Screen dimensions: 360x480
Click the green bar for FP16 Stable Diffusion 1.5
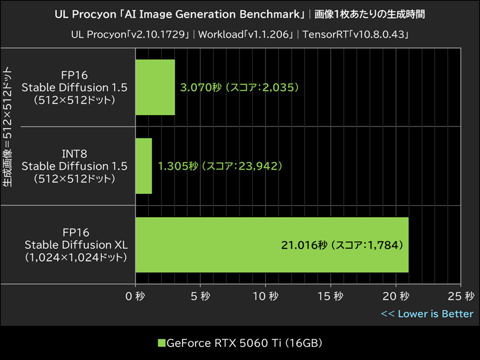[155, 87]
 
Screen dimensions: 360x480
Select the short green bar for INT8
[143, 166]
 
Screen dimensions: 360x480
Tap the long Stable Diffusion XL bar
[272, 245]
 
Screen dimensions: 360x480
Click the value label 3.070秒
[197, 87]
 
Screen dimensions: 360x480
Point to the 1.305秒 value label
[175, 166]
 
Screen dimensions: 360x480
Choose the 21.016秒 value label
[303, 245]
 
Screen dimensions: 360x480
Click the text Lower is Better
[435, 314]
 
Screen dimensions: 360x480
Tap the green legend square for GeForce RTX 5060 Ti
[161, 343]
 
